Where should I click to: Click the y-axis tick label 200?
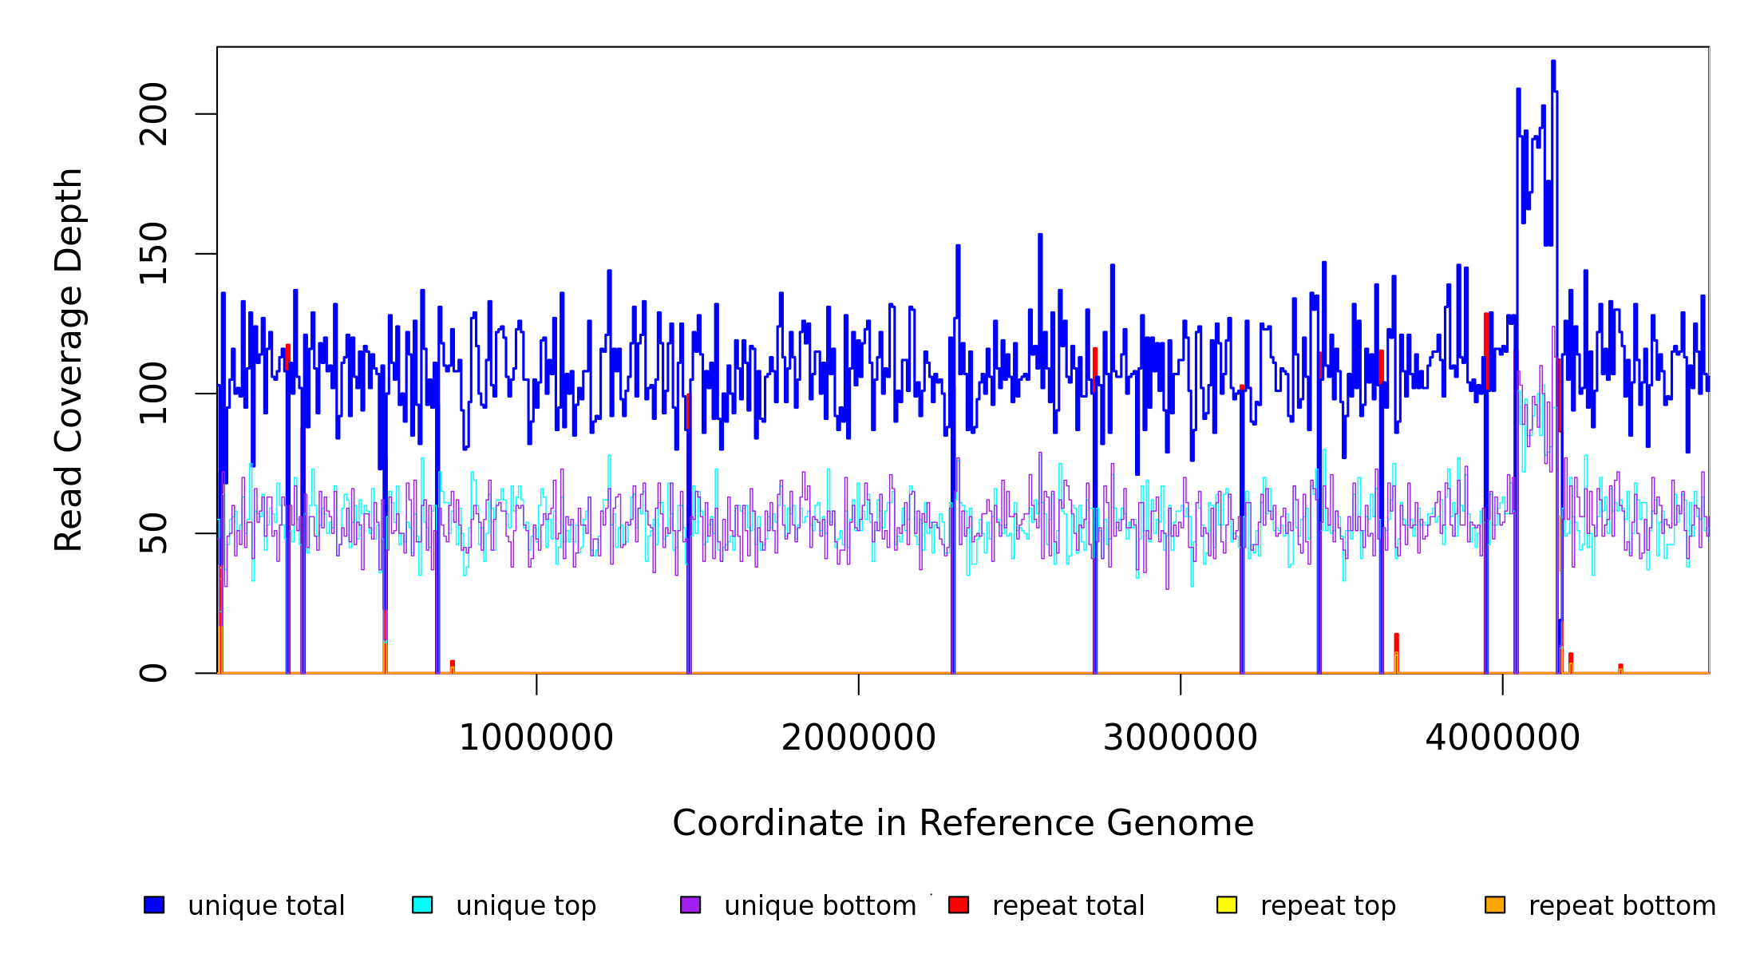153,114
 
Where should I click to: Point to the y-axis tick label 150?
153,254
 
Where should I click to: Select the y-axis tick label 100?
153,394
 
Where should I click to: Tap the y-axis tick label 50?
153,533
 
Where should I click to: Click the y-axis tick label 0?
153,673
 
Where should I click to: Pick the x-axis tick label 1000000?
536,738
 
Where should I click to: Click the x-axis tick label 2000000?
858,738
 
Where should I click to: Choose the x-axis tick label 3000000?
1180,738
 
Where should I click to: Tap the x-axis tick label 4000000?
1502,738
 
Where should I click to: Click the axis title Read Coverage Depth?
69,359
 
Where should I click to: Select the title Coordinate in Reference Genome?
963,823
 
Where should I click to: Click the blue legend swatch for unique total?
154,905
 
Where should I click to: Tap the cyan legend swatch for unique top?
422,905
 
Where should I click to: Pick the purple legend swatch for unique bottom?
690,905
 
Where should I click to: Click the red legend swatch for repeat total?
959,905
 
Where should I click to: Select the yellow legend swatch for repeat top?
1227,905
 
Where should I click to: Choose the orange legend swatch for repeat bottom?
1495,905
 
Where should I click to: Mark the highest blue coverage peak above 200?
1552,62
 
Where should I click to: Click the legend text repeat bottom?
1622,906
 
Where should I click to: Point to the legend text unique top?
526,906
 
